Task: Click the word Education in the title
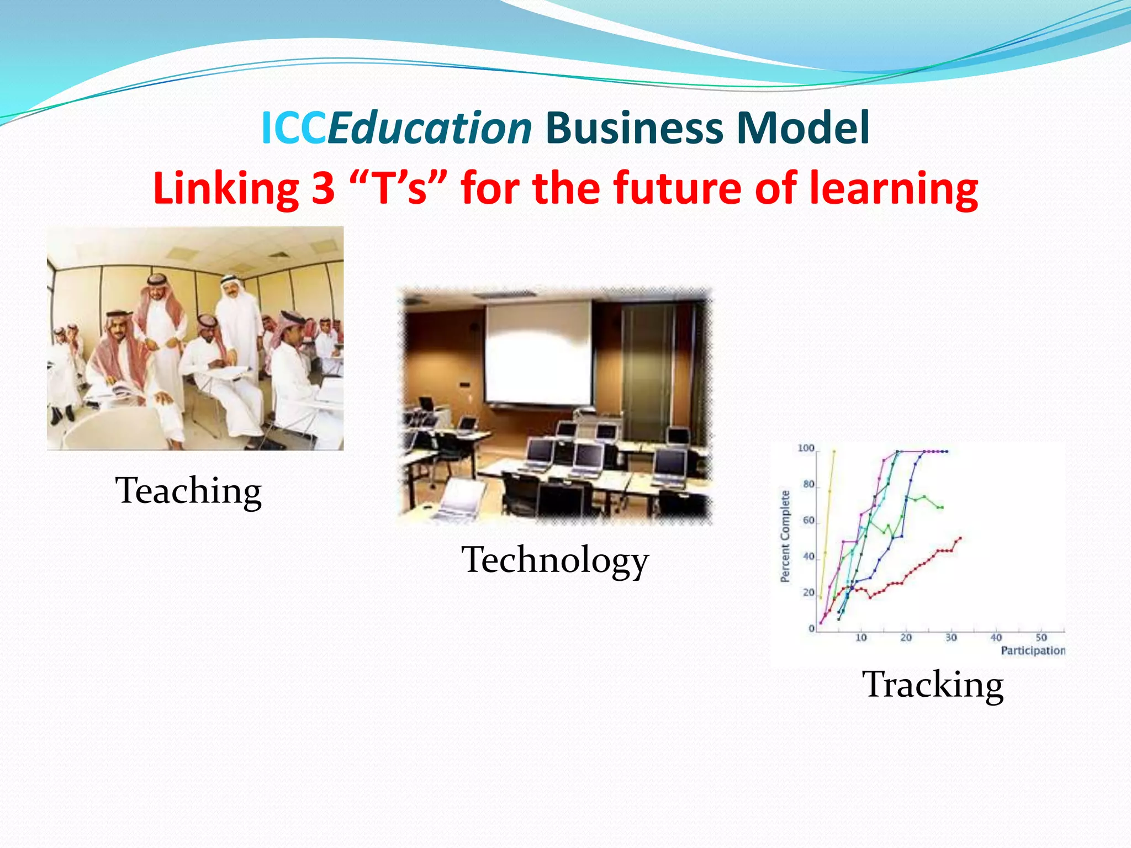point(430,128)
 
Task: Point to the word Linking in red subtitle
point(226,188)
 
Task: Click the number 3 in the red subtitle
point(323,188)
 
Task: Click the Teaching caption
point(188,491)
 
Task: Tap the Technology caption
point(555,560)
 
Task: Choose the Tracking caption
point(933,685)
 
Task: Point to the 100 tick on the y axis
point(806,448)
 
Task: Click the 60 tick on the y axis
point(808,521)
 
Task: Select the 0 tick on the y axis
point(812,628)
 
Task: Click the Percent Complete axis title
point(785,536)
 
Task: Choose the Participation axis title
point(1033,651)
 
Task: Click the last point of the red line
point(960,538)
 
